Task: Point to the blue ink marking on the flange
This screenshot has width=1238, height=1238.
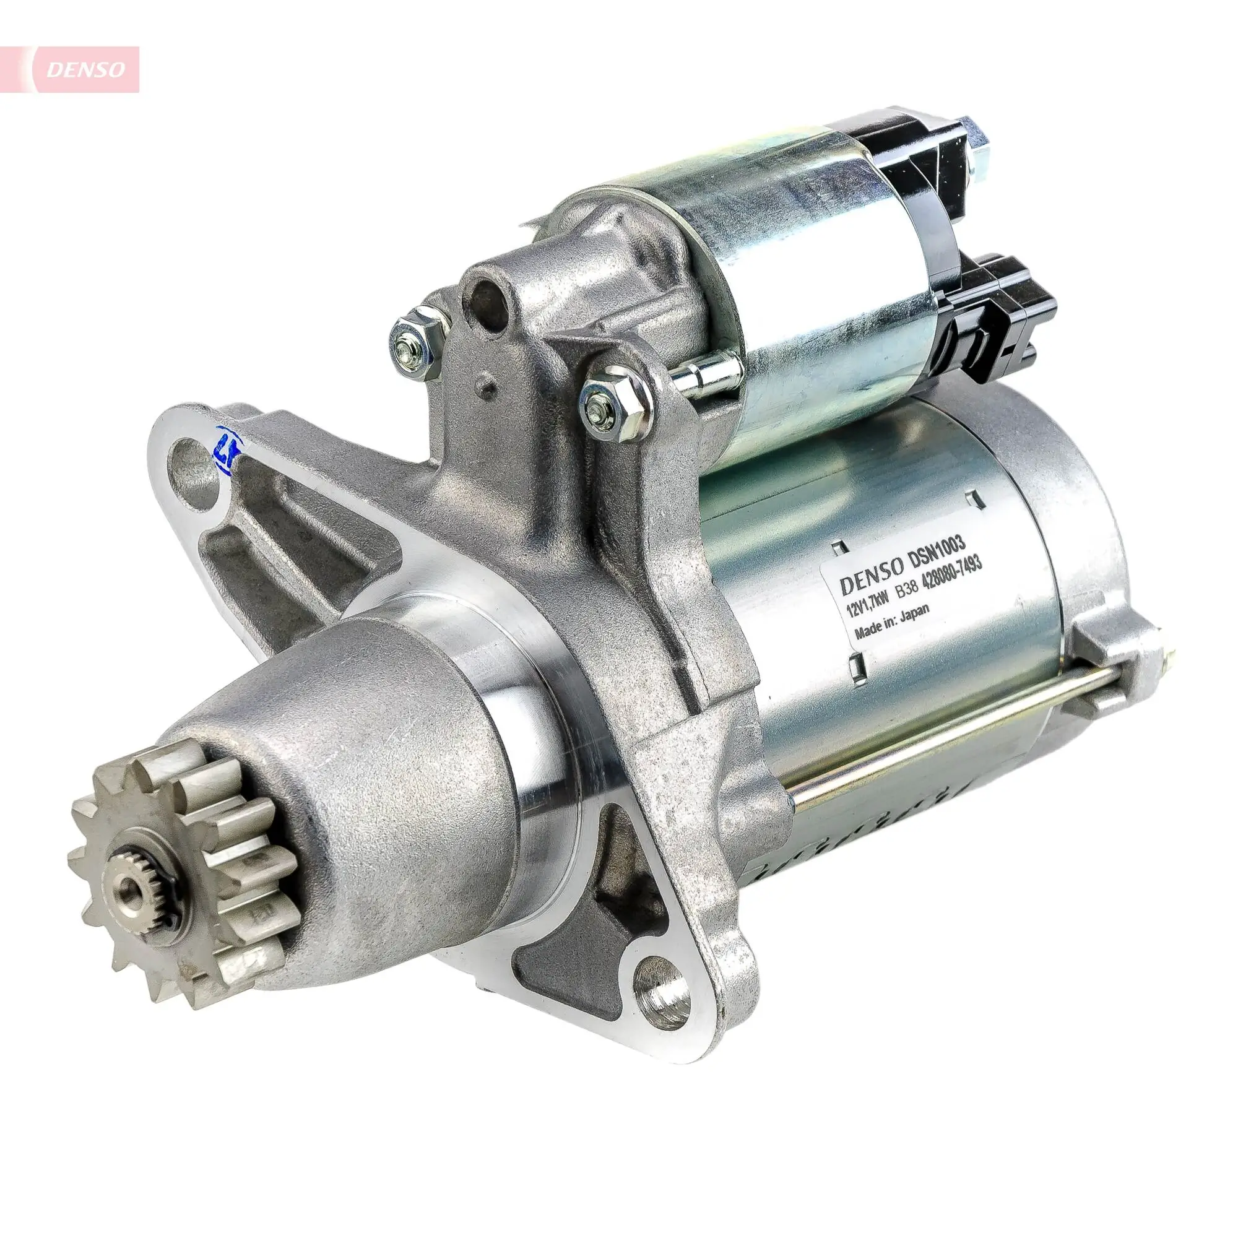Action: coord(226,452)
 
